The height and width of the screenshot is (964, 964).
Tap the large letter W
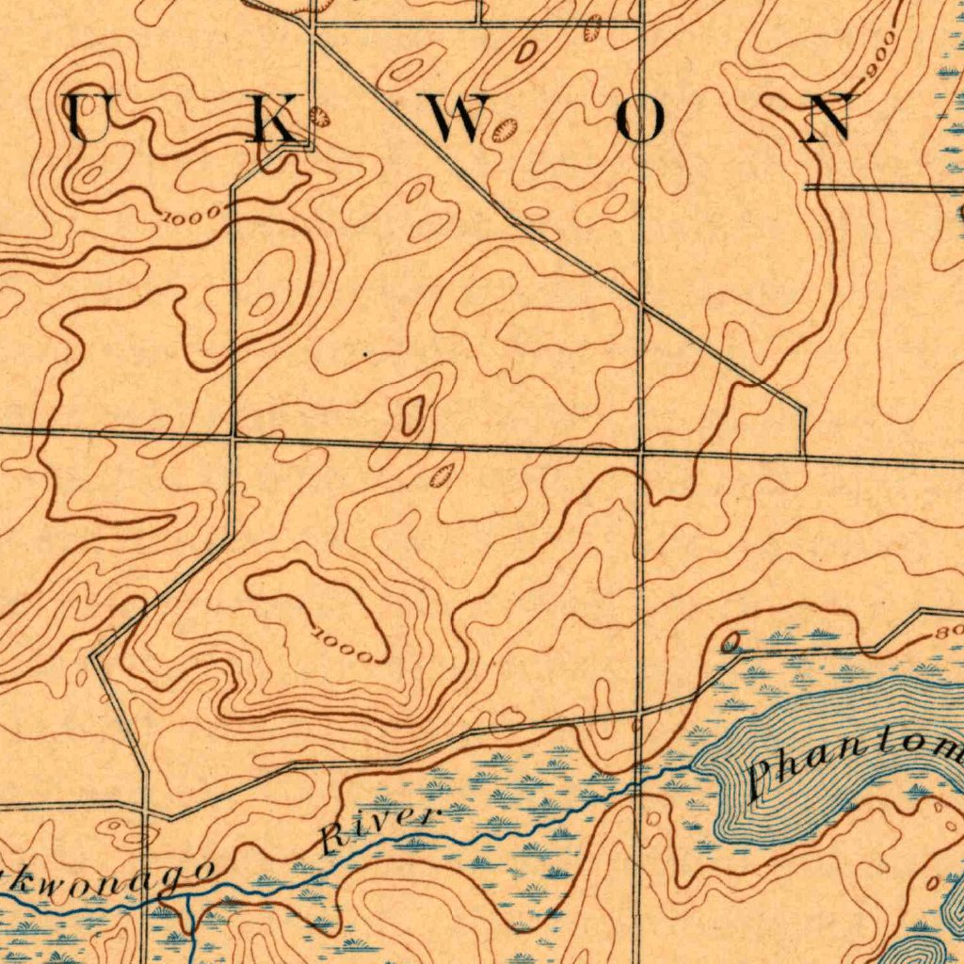point(461,120)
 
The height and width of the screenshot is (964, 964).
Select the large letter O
point(644,120)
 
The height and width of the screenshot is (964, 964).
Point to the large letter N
point(828,119)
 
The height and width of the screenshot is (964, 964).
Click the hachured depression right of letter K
point(320,117)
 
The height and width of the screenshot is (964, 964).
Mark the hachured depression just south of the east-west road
point(439,474)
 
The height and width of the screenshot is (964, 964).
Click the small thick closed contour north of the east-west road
point(412,414)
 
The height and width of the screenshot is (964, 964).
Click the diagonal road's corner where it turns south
point(803,410)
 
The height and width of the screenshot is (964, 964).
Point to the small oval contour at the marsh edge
point(731,643)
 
